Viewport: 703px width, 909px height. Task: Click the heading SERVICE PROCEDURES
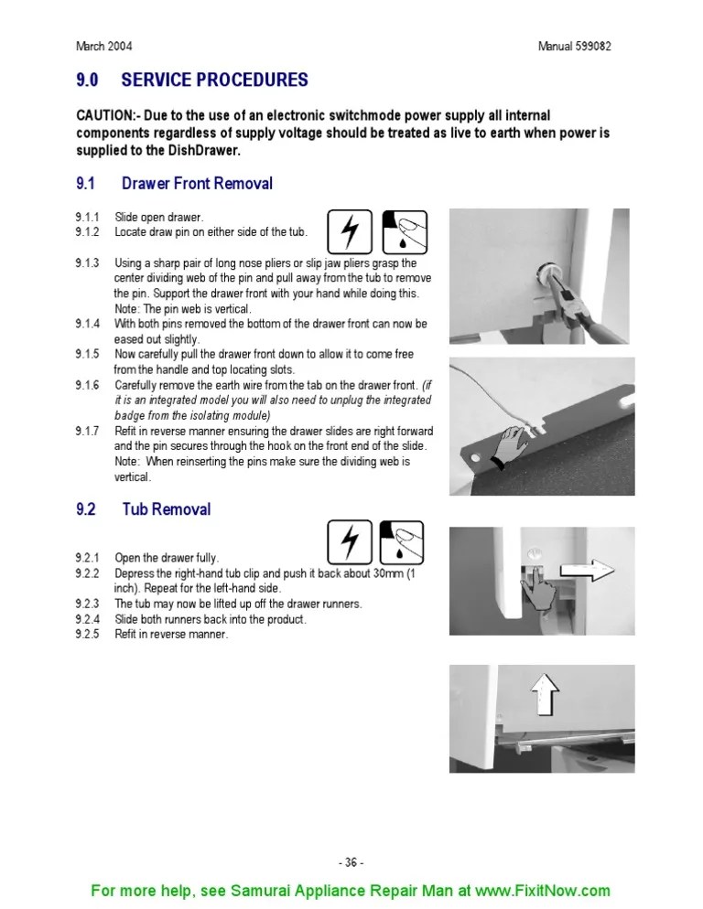tap(214, 80)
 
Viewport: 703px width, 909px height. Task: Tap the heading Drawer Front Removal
tap(197, 184)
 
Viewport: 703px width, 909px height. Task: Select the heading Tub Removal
tap(166, 509)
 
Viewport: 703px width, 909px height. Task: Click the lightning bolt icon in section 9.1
tap(349, 231)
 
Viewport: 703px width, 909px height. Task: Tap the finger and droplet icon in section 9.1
tap(404, 231)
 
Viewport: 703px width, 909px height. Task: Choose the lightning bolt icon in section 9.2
tap(349, 541)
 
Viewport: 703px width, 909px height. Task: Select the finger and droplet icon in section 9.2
tap(404, 541)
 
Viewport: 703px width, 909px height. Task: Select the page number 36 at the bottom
tap(351, 862)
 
